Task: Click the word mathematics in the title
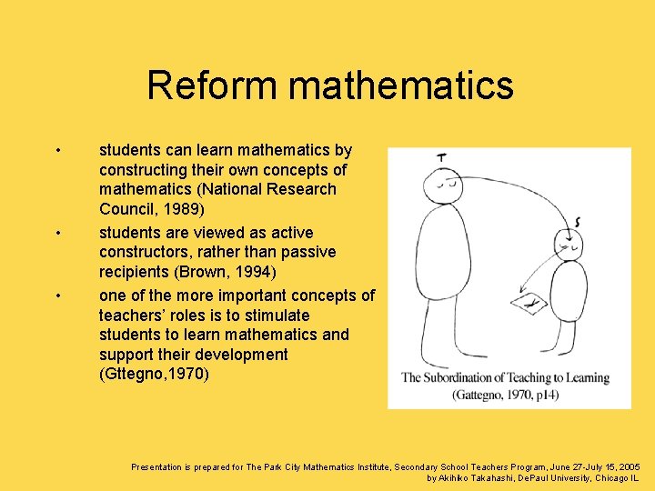coord(401,85)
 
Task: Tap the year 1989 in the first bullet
coord(186,209)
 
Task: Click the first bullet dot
coord(57,150)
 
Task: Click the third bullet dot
coord(57,296)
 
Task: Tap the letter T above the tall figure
coord(441,157)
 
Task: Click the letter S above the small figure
coord(578,220)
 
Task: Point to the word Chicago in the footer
coord(610,477)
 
